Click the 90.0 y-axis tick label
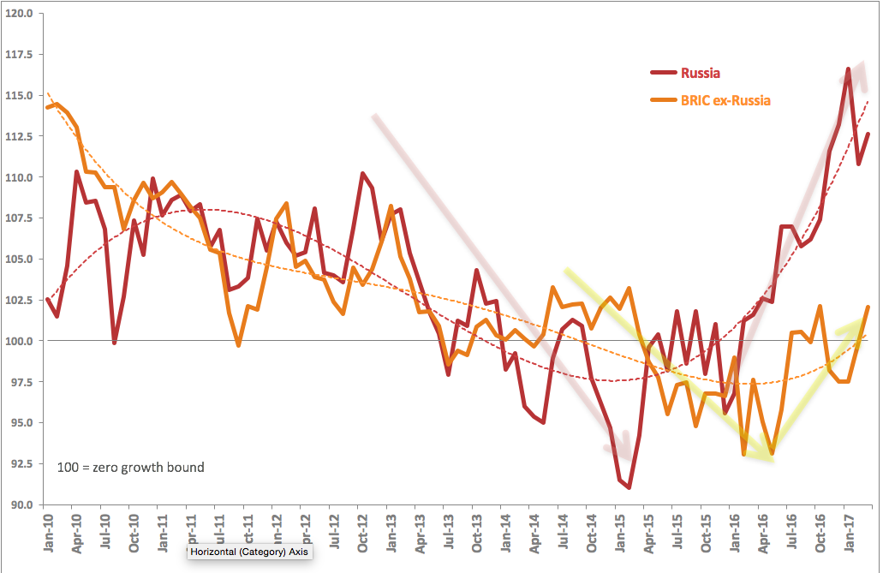(21, 504)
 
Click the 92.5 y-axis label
(21, 463)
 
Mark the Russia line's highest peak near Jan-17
(848, 69)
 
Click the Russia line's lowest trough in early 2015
(629, 487)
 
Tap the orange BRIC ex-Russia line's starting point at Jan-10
(47, 107)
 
